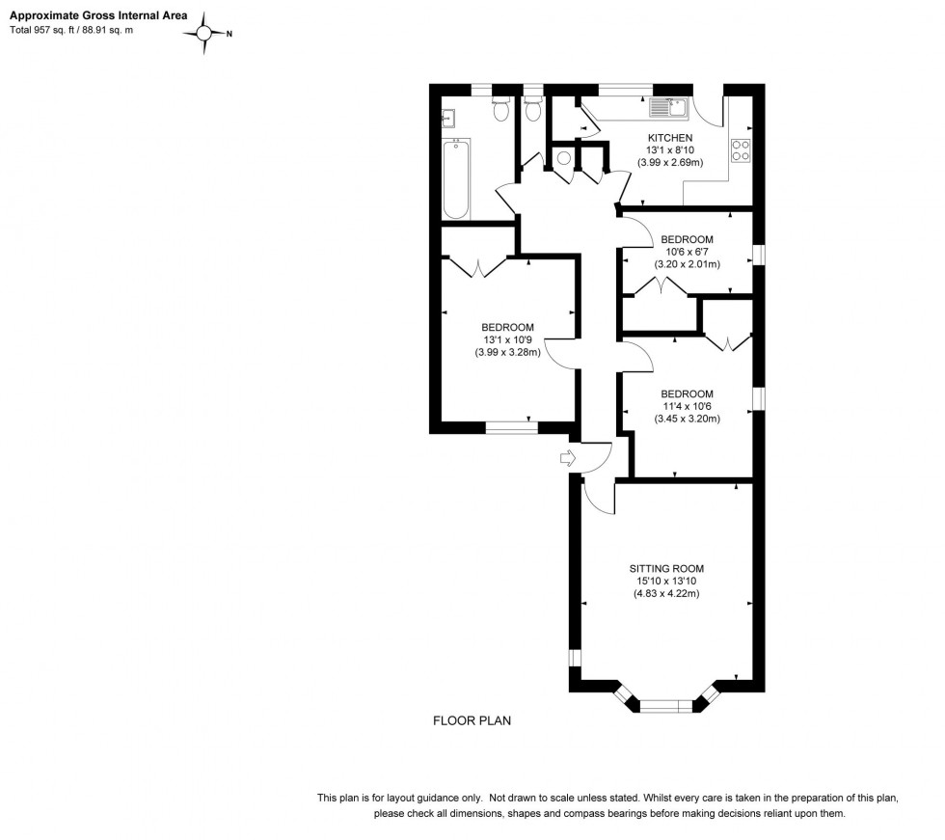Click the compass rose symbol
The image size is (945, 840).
205,34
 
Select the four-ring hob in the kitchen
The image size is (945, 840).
742,150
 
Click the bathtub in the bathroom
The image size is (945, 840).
457,178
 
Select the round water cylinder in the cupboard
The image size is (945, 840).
563,159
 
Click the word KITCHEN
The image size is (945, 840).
670,138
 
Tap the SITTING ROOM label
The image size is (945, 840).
665,568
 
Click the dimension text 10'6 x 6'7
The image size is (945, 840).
687,252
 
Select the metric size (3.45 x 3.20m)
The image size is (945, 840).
687,419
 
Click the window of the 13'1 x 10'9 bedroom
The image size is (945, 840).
511,426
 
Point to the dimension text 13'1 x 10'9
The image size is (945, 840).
507,339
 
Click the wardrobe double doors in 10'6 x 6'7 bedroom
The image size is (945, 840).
661,287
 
